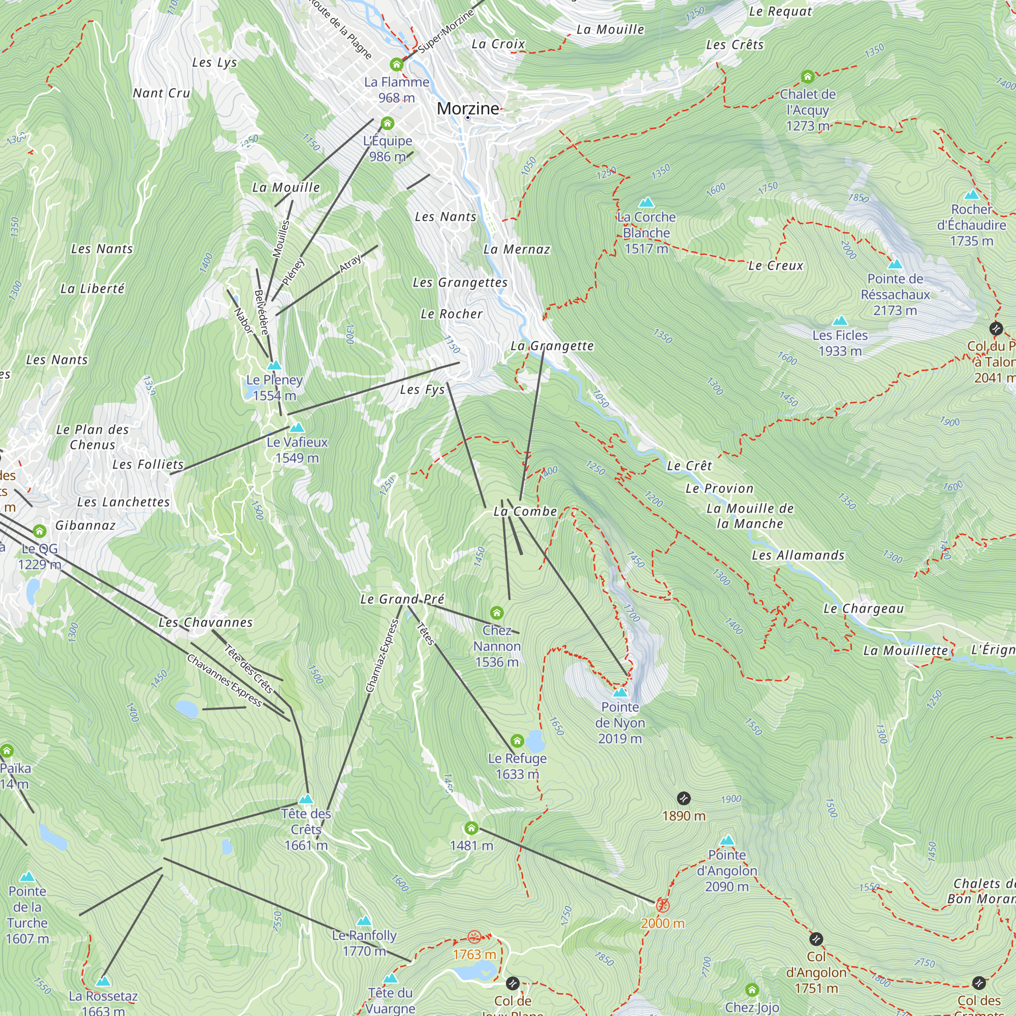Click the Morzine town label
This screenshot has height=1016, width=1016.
(x=467, y=108)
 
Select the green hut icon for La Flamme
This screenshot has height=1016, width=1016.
(x=397, y=65)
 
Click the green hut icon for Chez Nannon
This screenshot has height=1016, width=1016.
(x=496, y=613)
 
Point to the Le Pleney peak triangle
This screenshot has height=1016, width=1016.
(x=274, y=365)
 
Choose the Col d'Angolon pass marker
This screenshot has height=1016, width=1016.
(x=816, y=939)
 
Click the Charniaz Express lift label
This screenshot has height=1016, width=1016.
(x=383, y=656)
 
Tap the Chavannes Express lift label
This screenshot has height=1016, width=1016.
(x=224, y=681)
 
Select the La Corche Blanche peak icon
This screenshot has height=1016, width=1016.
(x=646, y=202)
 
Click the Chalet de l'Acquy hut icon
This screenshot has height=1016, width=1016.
(x=808, y=77)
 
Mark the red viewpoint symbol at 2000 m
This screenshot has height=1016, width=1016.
(x=662, y=905)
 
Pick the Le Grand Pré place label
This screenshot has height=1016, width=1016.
(x=402, y=599)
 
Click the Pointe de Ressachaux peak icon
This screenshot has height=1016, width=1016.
(x=895, y=264)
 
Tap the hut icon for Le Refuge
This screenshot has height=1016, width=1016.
(x=517, y=741)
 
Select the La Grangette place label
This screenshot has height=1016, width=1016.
(x=552, y=345)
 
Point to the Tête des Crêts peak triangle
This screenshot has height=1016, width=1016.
(x=305, y=799)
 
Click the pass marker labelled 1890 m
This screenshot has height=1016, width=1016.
(x=683, y=798)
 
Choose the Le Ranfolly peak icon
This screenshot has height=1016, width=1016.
(x=364, y=921)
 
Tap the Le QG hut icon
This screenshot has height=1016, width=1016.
(x=40, y=531)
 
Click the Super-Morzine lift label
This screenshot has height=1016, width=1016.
(x=446, y=31)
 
